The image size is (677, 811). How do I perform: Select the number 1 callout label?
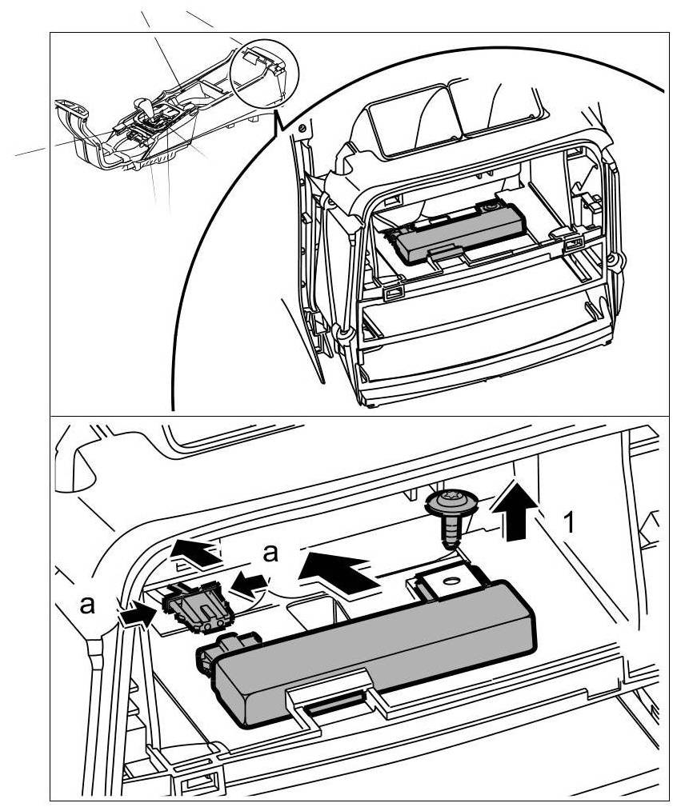569,523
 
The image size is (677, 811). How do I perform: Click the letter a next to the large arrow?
273,553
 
